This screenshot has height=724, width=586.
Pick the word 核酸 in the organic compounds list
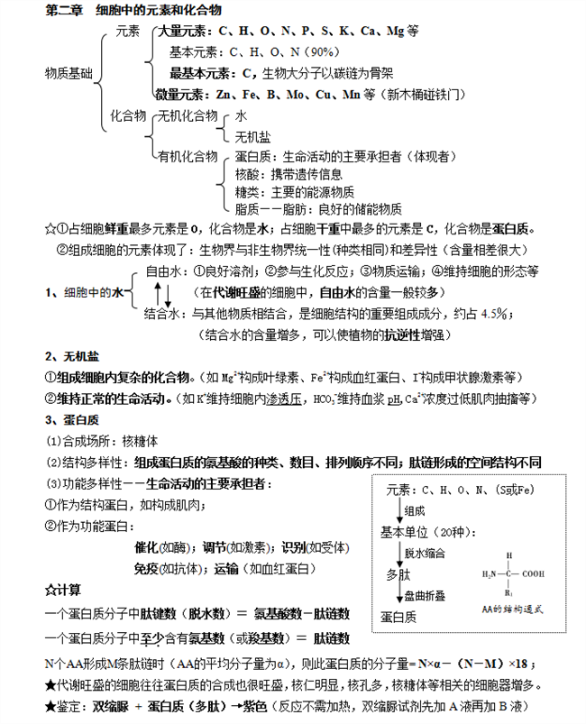pos(246,174)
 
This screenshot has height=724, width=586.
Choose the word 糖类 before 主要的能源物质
pos(246,191)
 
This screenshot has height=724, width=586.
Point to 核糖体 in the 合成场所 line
pos(139,441)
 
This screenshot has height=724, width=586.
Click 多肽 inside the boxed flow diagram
pos(397,573)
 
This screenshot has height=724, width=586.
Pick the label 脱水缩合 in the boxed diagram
pos(421,553)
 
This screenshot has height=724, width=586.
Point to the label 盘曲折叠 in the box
pos(421,596)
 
